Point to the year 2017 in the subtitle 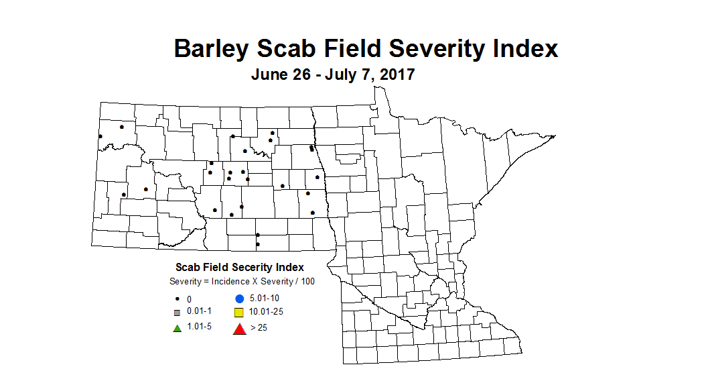[x=397, y=74]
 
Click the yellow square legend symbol [x=238, y=313]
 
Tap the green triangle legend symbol [x=177, y=328]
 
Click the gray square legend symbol [x=177, y=313]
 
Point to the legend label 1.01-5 [x=200, y=327]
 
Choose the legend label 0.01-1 [x=200, y=312]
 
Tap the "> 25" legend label [x=259, y=328]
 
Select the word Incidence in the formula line [x=231, y=281]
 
